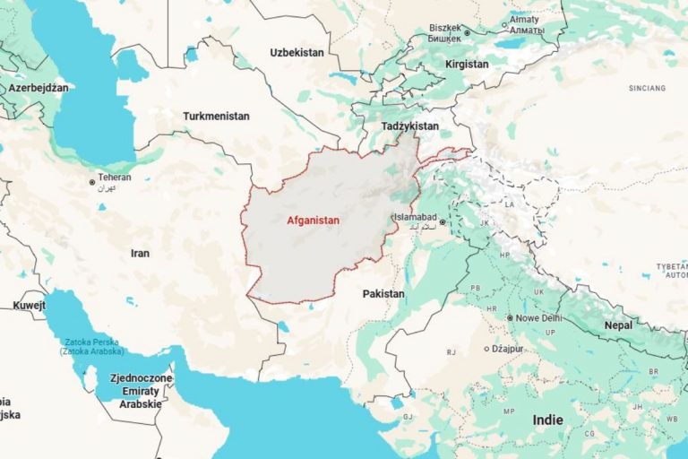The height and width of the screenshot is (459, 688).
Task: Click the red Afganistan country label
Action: click(x=313, y=220)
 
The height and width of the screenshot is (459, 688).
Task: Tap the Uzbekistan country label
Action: click(x=297, y=53)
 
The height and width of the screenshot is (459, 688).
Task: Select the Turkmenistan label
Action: click(x=216, y=117)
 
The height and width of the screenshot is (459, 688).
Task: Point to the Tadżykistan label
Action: click(x=409, y=126)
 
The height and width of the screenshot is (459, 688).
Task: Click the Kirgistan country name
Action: click(x=467, y=65)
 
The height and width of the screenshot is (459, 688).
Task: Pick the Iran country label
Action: click(x=140, y=254)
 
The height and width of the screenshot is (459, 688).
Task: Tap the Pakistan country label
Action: click(x=383, y=294)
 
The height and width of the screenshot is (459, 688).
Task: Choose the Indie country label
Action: click(x=547, y=420)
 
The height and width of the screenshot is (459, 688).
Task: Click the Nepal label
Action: click(x=617, y=325)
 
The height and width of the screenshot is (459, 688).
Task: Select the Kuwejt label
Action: click(x=29, y=307)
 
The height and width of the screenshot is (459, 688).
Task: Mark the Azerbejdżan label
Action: click(x=38, y=89)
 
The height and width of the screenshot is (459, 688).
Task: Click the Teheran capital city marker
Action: click(x=92, y=182)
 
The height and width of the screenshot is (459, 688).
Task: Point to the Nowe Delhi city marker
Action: click(x=510, y=318)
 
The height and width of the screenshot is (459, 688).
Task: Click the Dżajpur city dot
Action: click(x=486, y=349)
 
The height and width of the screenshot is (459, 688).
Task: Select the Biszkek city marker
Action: click(x=467, y=33)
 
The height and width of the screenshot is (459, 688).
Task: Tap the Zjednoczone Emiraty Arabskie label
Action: click(x=135, y=391)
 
